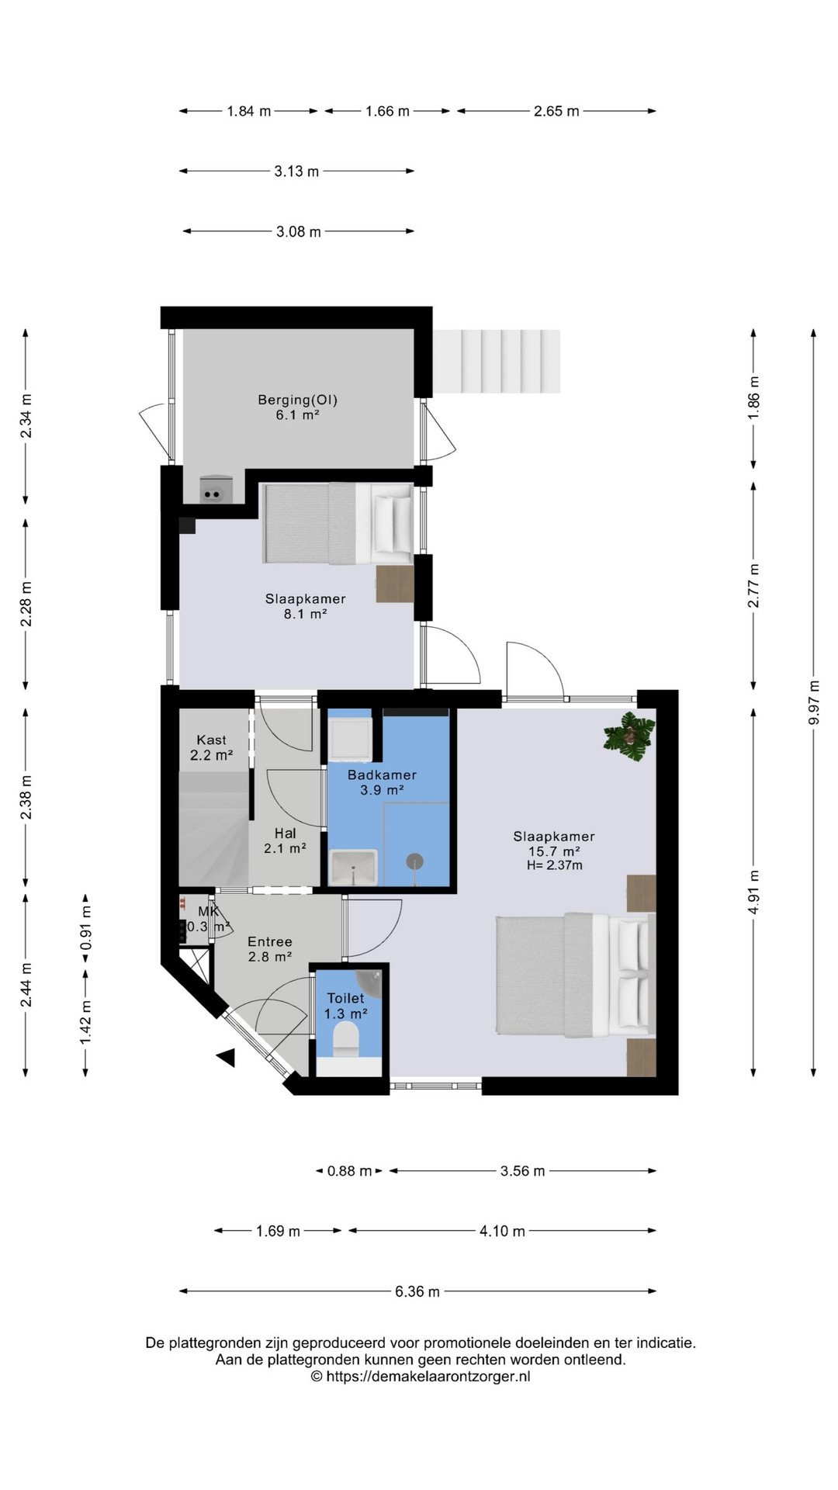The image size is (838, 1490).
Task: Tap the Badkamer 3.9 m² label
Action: coord(382,782)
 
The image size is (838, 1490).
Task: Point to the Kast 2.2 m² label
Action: coord(211,747)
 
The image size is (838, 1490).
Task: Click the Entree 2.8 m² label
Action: coord(270,949)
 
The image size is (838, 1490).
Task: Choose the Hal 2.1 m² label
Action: coord(285,840)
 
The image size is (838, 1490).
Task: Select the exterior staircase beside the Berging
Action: coord(497,361)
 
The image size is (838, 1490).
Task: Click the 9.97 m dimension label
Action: coord(813,702)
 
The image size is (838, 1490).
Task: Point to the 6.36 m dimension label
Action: coord(417,1291)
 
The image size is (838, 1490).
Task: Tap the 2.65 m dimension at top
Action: coord(556,111)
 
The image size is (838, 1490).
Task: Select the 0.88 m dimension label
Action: coord(349,1171)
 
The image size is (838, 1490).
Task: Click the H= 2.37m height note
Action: coord(554,865)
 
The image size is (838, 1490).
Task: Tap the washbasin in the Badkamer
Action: coord(354,866)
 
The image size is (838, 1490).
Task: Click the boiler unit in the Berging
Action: coord(215,490)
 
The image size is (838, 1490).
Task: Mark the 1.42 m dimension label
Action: coord(85,1021)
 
